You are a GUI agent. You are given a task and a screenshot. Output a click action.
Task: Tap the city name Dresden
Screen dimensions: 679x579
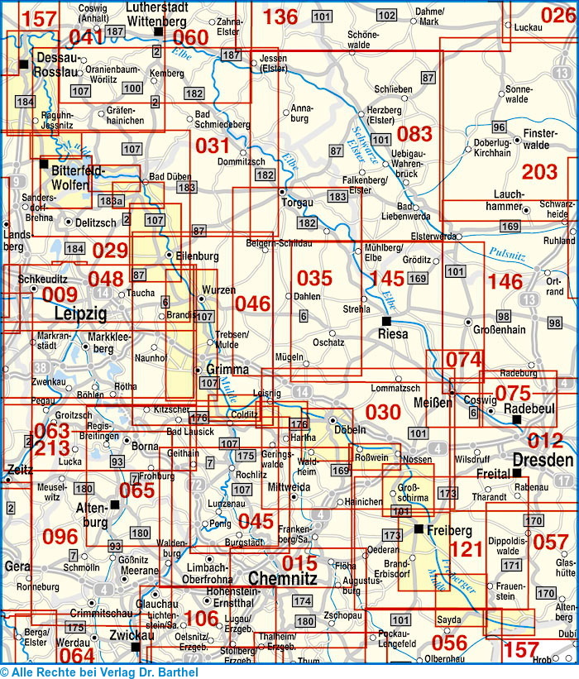542,461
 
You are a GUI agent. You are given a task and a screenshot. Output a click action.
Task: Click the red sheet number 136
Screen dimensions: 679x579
280,16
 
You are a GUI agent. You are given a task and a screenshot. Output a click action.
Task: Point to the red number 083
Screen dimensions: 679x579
414,133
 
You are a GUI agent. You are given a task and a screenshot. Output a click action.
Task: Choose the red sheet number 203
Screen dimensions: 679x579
540,172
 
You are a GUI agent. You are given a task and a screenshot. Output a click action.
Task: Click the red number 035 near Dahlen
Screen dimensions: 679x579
314,278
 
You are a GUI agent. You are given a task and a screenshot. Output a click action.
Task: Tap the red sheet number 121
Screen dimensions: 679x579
466,548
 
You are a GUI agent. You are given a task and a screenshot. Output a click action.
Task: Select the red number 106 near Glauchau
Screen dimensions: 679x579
201,618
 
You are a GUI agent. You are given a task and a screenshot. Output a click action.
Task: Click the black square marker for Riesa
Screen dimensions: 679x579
385,321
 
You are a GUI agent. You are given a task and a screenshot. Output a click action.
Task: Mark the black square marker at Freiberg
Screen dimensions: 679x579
419,528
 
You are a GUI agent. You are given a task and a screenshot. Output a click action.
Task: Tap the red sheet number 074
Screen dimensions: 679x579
463,360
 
